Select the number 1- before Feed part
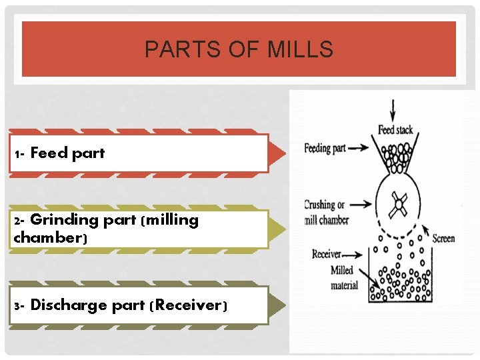19,154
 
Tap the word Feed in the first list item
49,153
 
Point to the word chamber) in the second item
45,237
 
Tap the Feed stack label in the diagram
395,130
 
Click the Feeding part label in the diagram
325,148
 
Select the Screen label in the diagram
443,238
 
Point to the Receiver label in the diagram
326,254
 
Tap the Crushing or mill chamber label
326,213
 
